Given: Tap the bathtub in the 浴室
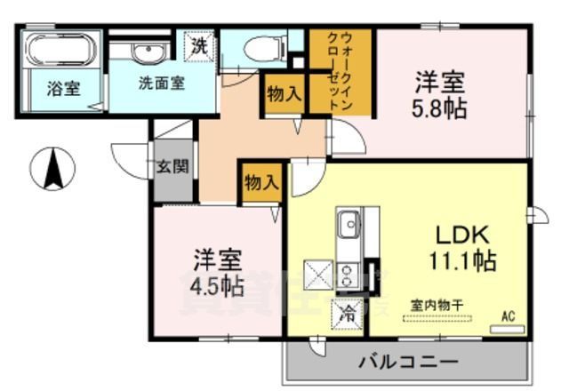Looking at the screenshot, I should click(60, 52).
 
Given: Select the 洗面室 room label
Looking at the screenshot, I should click(161, 84).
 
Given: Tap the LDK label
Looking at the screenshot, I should click(462, 235).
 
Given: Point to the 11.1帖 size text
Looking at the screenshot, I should click(462, 261).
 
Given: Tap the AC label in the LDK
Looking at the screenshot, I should click(509, 315).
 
